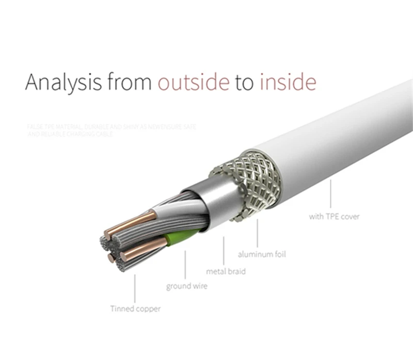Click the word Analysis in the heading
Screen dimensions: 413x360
coord(63,83)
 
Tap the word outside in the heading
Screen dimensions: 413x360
coord(194,83)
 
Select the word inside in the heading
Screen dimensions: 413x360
coord(287,83)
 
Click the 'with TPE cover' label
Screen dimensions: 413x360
coord(334,217)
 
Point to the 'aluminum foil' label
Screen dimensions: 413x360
coord(262,254)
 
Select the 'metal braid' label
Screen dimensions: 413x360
coord(226,271)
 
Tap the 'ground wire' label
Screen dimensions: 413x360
coord(186,286)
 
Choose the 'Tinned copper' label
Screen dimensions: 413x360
coord(135,309)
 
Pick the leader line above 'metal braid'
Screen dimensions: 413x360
coord(224,250)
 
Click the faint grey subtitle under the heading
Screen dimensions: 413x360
coord(111,129)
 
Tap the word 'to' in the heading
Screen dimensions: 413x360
coord(244,83)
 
